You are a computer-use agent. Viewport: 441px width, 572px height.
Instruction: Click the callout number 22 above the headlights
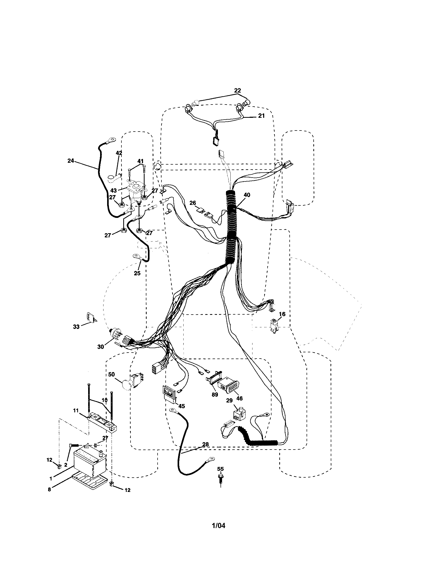point(237,90)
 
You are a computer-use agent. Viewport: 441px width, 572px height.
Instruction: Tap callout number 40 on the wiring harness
point(247,195)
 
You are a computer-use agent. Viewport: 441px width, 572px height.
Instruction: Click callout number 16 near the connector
point(282,314)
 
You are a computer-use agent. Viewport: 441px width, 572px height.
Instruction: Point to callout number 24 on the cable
point(71,161)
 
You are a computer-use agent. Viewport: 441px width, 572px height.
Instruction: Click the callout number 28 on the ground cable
point(206,444)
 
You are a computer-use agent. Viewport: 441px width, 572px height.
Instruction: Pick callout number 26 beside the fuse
point(192,203)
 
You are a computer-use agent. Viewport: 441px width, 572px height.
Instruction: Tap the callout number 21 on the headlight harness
point(261,116)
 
